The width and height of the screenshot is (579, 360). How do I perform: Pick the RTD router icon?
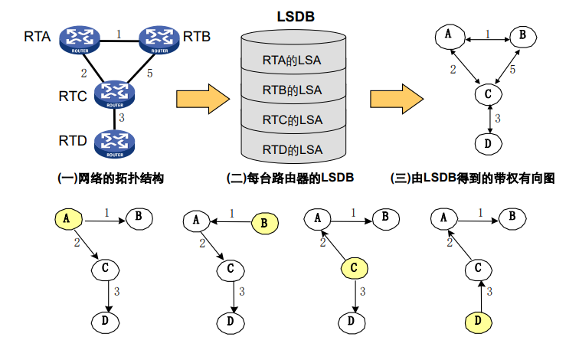(x=115, y=143)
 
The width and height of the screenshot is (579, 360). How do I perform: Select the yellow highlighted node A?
(x=68, y=219)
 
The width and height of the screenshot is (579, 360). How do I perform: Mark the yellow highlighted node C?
(x=354, y=268)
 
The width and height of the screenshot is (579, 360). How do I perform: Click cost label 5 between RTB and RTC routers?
(x=149, y=74)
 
